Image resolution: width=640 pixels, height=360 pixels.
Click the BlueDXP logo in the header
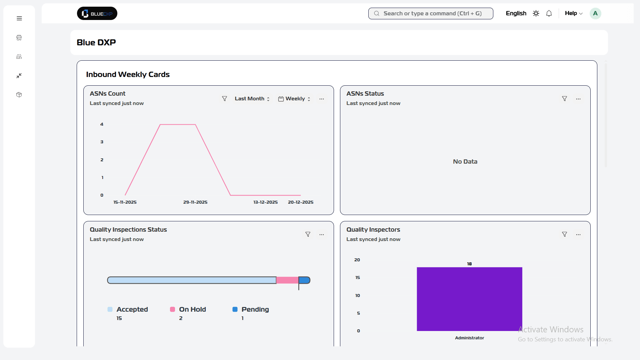(97, 14)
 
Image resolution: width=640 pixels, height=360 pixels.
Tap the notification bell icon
(549, 14)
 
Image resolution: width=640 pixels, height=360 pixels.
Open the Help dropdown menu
(573, 13)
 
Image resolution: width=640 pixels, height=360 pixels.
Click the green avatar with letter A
(595, 14)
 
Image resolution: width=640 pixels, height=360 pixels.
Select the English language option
(516, 13)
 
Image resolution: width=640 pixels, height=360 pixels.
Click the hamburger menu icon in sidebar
(19, 18)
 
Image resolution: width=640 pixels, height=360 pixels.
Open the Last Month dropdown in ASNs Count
(252, 99)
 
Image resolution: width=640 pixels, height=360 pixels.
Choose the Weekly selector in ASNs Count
(295, 99)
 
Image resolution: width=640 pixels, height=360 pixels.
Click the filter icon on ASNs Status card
(564, 99)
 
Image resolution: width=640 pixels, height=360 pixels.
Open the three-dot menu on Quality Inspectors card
(578, 235)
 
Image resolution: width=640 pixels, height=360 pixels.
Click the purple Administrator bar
(469, 299)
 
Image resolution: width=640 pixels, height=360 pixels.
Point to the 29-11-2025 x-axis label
(195, 202)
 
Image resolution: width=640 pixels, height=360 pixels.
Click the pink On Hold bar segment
(287, 280)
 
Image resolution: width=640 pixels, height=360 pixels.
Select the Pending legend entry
(255, 309)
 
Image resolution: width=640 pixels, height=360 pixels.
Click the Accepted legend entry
(132, 309)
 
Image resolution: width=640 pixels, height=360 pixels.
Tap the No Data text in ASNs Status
(465, 162)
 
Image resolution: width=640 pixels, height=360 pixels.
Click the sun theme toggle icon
(536, 14)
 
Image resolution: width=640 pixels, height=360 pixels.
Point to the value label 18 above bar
(469, 264)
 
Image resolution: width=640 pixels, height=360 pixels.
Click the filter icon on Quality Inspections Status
(308, 235)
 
